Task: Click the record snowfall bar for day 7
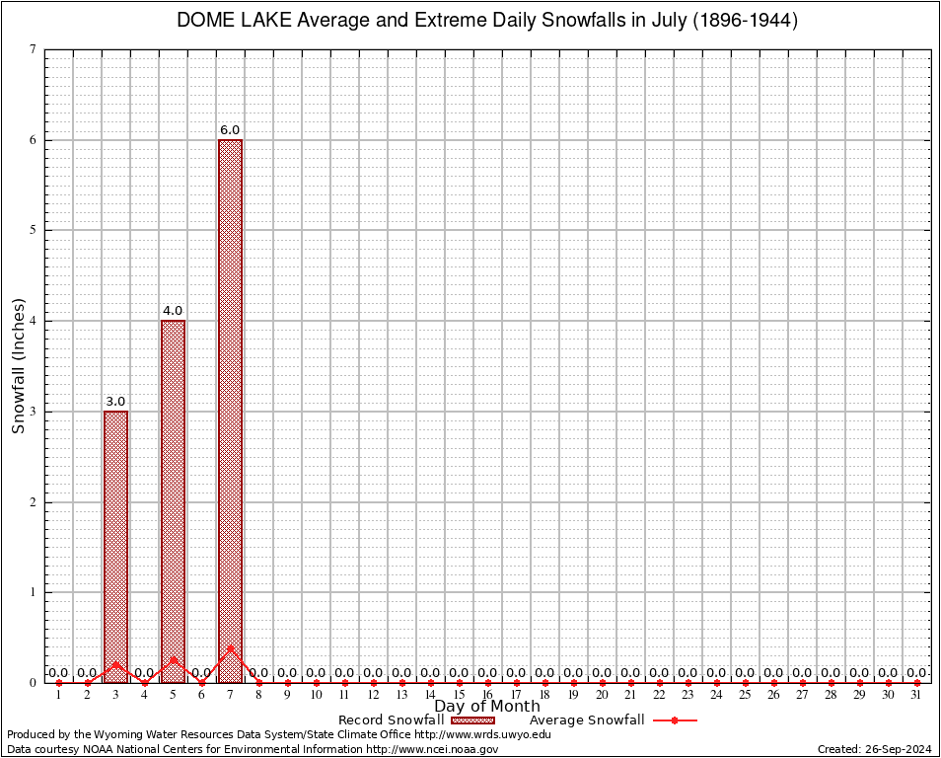[230, 411]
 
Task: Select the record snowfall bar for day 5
[173, 501]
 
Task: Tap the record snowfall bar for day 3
[115, 546]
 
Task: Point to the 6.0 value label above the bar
[230, 130]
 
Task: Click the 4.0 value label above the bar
[173, 311]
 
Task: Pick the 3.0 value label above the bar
[115, 402]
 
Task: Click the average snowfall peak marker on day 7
[230, 648]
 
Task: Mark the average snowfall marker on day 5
[173, 659]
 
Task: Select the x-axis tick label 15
[459, 696]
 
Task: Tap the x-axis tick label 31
[916, 696]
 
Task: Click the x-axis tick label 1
[58, 696]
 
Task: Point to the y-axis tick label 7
[34, 49]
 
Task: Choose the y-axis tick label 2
[34, 502]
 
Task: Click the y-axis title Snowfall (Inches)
[18, 366]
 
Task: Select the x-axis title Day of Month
[487, 707]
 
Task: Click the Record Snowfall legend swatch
[473, 720]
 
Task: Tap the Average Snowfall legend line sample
[675, 720]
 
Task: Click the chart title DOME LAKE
[486, 21]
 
